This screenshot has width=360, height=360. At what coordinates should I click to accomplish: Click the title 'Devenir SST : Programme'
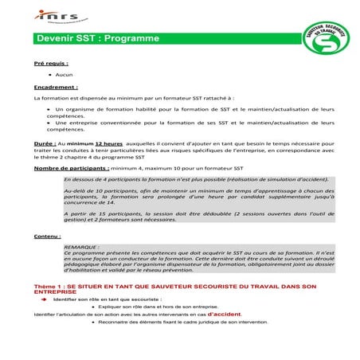tap(98, 38)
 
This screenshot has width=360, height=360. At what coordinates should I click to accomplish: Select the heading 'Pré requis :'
tap(51, 61)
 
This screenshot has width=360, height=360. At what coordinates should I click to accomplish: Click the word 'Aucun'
tap(65, 74)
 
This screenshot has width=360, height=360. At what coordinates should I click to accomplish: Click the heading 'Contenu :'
tap(47, 237)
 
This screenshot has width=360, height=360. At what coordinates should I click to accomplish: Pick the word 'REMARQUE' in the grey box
tap(81, 247)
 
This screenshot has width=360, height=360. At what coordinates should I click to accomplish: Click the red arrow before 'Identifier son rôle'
tap(45, 299)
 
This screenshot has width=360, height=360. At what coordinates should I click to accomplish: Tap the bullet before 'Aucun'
tap(49, 74)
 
